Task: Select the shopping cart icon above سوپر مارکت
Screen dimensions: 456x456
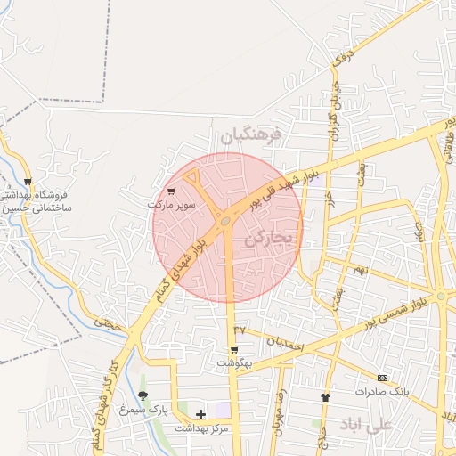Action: pyautogui.click(x=171, y=191)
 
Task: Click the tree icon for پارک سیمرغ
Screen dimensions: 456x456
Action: pyautogui.click(x=142, y=395)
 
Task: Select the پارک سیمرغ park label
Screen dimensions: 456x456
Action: pyautogui.click(x=146, y=409)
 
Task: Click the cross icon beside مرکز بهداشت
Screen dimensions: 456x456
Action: pyautogui.click(x=200, y=414)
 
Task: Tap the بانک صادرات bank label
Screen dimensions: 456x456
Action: pyautogui.click(x=381, y=391)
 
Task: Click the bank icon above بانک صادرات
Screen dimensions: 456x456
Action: pyautogui.click(x=382, y=378)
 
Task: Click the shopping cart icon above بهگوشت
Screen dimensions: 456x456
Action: pyautogui.click(x=234, y=350)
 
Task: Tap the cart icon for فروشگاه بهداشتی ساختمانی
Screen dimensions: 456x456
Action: pyautogui.click(x=28, y=181)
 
